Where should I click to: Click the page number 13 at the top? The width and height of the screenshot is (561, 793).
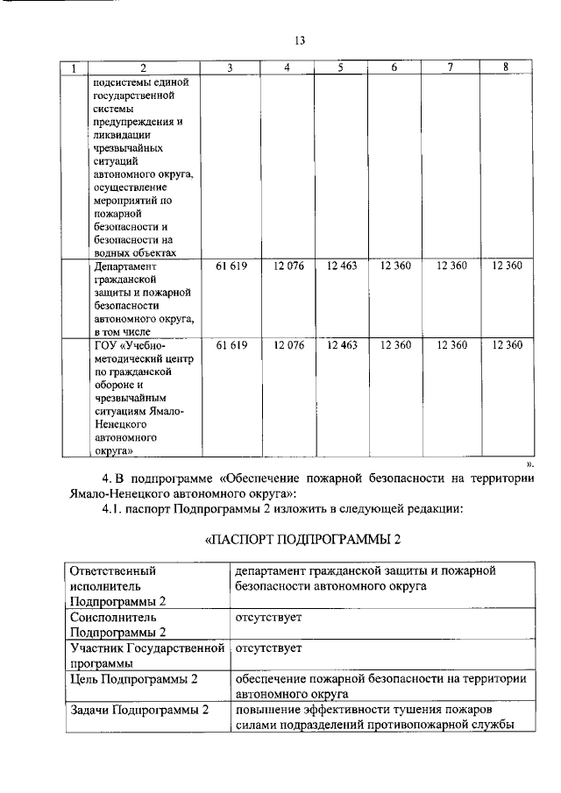(x=299, y=40)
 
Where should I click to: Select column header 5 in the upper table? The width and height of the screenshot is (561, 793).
(x=341, y=67)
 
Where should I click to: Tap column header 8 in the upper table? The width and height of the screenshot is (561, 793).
(x=506, y=67)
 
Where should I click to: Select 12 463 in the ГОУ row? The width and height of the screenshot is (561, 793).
(x=341, y=345)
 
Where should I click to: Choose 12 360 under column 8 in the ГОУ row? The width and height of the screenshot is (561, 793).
(x=507, y=345)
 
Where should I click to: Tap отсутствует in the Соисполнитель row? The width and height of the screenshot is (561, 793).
(x=268, y=618)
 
